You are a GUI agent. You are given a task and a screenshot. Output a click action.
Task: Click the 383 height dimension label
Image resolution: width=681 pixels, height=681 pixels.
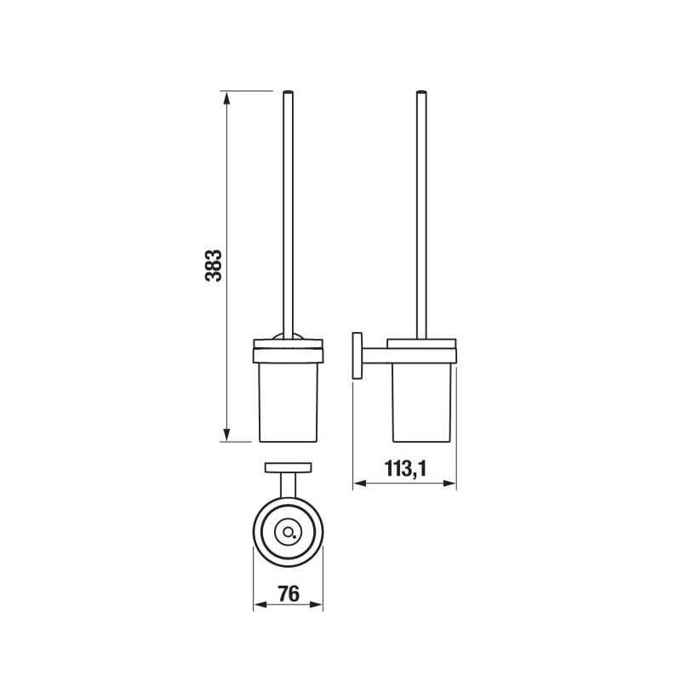click(214, 266)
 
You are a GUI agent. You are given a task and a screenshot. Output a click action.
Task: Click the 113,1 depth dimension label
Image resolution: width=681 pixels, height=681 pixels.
click(405, 469)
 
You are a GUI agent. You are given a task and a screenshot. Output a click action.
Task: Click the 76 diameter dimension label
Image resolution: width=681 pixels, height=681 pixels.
click(289, 593)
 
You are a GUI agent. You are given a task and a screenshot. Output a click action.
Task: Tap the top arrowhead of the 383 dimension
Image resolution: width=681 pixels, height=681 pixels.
click(226, 98)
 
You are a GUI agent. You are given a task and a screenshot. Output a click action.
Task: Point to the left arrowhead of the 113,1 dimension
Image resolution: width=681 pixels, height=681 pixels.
click(359, 483)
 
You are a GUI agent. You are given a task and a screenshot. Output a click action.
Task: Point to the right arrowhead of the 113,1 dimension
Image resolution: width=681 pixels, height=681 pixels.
click(449, 483)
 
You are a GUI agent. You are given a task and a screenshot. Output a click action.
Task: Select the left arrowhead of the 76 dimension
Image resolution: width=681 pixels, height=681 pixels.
click(260, 604)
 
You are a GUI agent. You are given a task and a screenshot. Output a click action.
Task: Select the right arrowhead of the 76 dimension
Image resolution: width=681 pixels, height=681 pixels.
click(316, 604)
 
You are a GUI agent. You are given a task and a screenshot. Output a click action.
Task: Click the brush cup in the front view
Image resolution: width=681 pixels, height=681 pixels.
click(289, 402)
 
